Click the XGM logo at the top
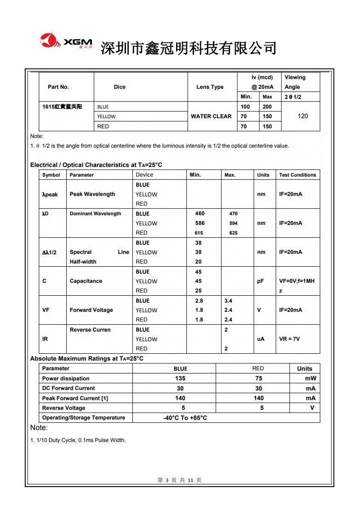pos(66,41)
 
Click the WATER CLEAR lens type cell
pos(211,116)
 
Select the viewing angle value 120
pos(303,116)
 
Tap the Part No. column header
pos(58,87)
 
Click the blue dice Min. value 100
pos(246,107)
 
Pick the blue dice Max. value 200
pos(267,107)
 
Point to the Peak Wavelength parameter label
pos(92,194)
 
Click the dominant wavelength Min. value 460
pos(200,213)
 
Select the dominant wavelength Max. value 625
pos(234,233)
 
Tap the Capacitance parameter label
pos(86,281)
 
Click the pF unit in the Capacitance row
pos(261,281)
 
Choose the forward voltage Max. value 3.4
pos(229,301)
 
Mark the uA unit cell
pos(261,339)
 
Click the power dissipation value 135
pos(180,379)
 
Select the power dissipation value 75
pos(259,379)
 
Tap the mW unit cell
pos(310,379)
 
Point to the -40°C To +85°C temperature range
pos(185,418)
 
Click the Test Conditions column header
pos(297,175)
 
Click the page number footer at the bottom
pos(179,480)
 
